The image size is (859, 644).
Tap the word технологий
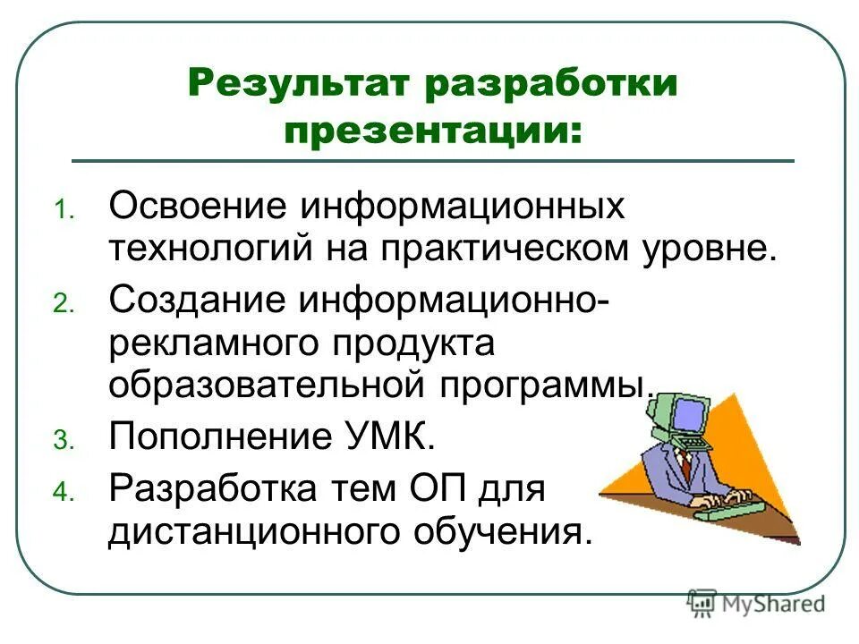click(201, 247)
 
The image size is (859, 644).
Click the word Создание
click(196, 300)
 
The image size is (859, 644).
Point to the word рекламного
click(214, 343)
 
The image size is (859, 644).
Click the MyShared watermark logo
click(756, 604)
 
